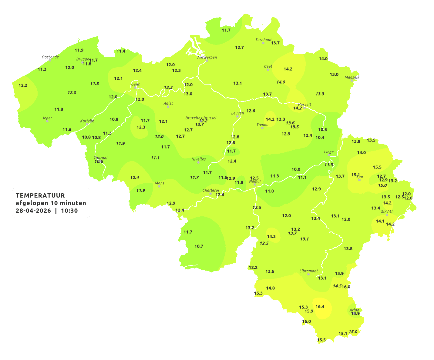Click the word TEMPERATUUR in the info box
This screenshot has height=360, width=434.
pos(40,195)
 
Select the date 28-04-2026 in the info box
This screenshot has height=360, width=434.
pos(33,211)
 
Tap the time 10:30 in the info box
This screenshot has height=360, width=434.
pos(69,211)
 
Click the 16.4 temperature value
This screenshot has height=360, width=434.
pos(320,306)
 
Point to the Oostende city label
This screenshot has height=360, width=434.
pos(50,57)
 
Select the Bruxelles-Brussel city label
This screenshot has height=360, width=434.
pos(201,118)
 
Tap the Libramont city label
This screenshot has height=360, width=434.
pos(308,271)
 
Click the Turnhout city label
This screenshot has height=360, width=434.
pos(263,40)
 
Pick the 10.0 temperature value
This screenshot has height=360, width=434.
pos(296,169)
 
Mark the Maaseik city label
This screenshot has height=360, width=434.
pos(352,77)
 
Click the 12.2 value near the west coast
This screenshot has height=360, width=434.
pos(23,85)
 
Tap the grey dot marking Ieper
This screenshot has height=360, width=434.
pos(47,121)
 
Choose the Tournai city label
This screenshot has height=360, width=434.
pos(100,158)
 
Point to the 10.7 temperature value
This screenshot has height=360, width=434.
pos(199,246)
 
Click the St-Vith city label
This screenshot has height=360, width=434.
pos(387,212)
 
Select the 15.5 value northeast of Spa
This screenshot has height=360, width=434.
pos(377,167)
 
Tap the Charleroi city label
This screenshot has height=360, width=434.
pos(210,190)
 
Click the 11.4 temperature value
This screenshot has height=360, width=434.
pos(121,51)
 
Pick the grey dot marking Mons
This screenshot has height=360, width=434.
pos(159,186)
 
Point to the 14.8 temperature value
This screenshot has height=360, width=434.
pos(270,288)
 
